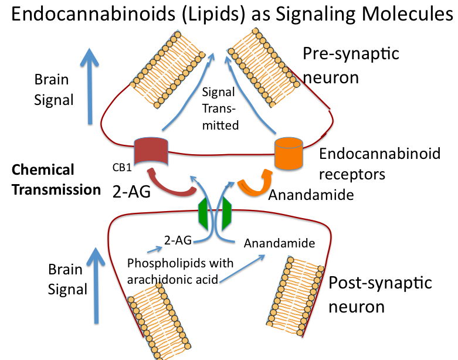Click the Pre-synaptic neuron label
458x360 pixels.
tap(351, 65)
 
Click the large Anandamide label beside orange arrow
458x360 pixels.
tap(311, 195)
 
